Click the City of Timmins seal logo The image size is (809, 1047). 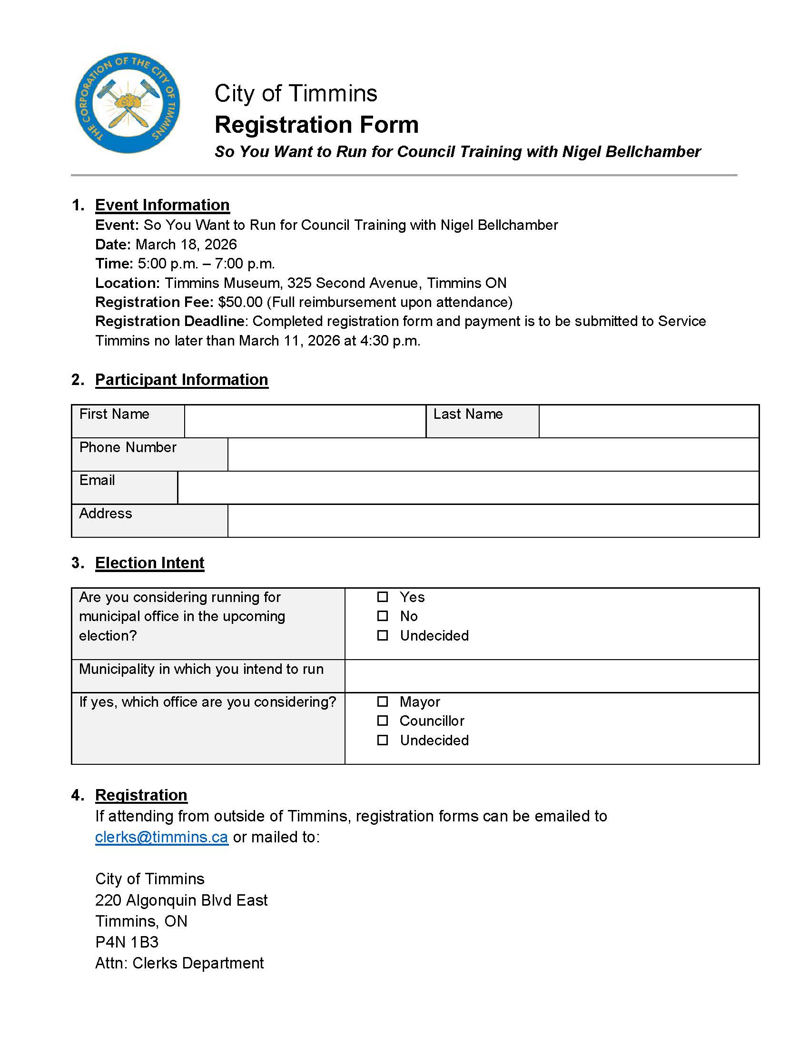pos(128,103)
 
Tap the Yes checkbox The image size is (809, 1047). pos(382,597)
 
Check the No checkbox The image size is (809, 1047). pos(382,616)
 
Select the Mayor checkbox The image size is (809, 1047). pos(382,701)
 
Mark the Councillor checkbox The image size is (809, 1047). pos(382,721)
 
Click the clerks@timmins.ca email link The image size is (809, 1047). pos(161,837)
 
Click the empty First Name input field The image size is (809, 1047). pos(305,421)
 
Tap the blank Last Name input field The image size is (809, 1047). pos(649,421)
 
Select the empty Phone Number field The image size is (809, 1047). pos(493,454)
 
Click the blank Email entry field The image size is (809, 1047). pos(468,487)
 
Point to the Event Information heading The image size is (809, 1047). pos(162,205)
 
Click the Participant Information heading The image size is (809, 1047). pos(181,379)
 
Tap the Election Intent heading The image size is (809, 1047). pos(149,563)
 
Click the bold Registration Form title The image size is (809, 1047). pos(316,125)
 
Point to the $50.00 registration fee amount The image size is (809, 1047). pos(240,302)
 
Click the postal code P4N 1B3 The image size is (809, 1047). pos(127,942)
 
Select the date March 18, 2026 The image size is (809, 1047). pos(186,245)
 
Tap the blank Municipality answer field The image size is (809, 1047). pos(551,675)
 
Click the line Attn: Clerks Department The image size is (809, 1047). pos(179,963)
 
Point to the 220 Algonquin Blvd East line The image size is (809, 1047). pos(181,900)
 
